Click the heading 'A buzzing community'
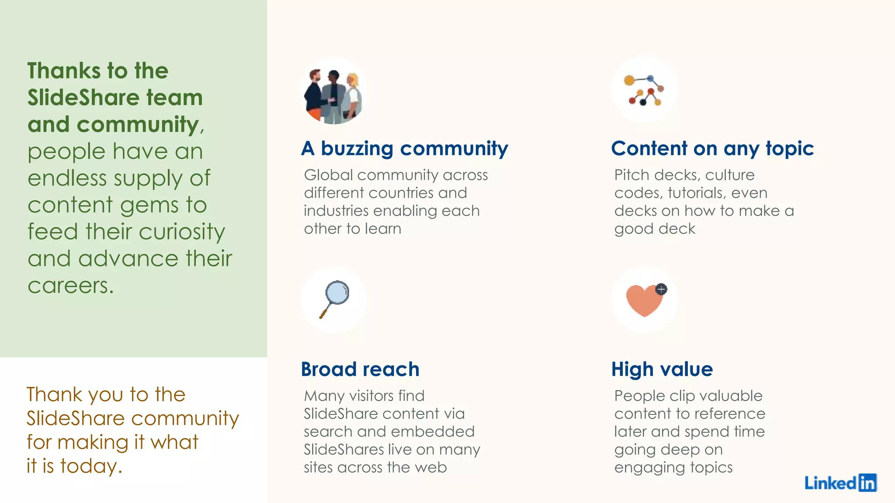pos(404,148)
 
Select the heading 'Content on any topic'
pos(712,148)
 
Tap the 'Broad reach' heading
pos(360,369)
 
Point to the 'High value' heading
pos(662,369)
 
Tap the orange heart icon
pos(643,300)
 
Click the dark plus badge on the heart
pos(661,289)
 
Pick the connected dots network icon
pos(645,90)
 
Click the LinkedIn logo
pos(840,482)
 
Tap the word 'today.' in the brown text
pos(91,466)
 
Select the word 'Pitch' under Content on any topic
pos(631,175)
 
